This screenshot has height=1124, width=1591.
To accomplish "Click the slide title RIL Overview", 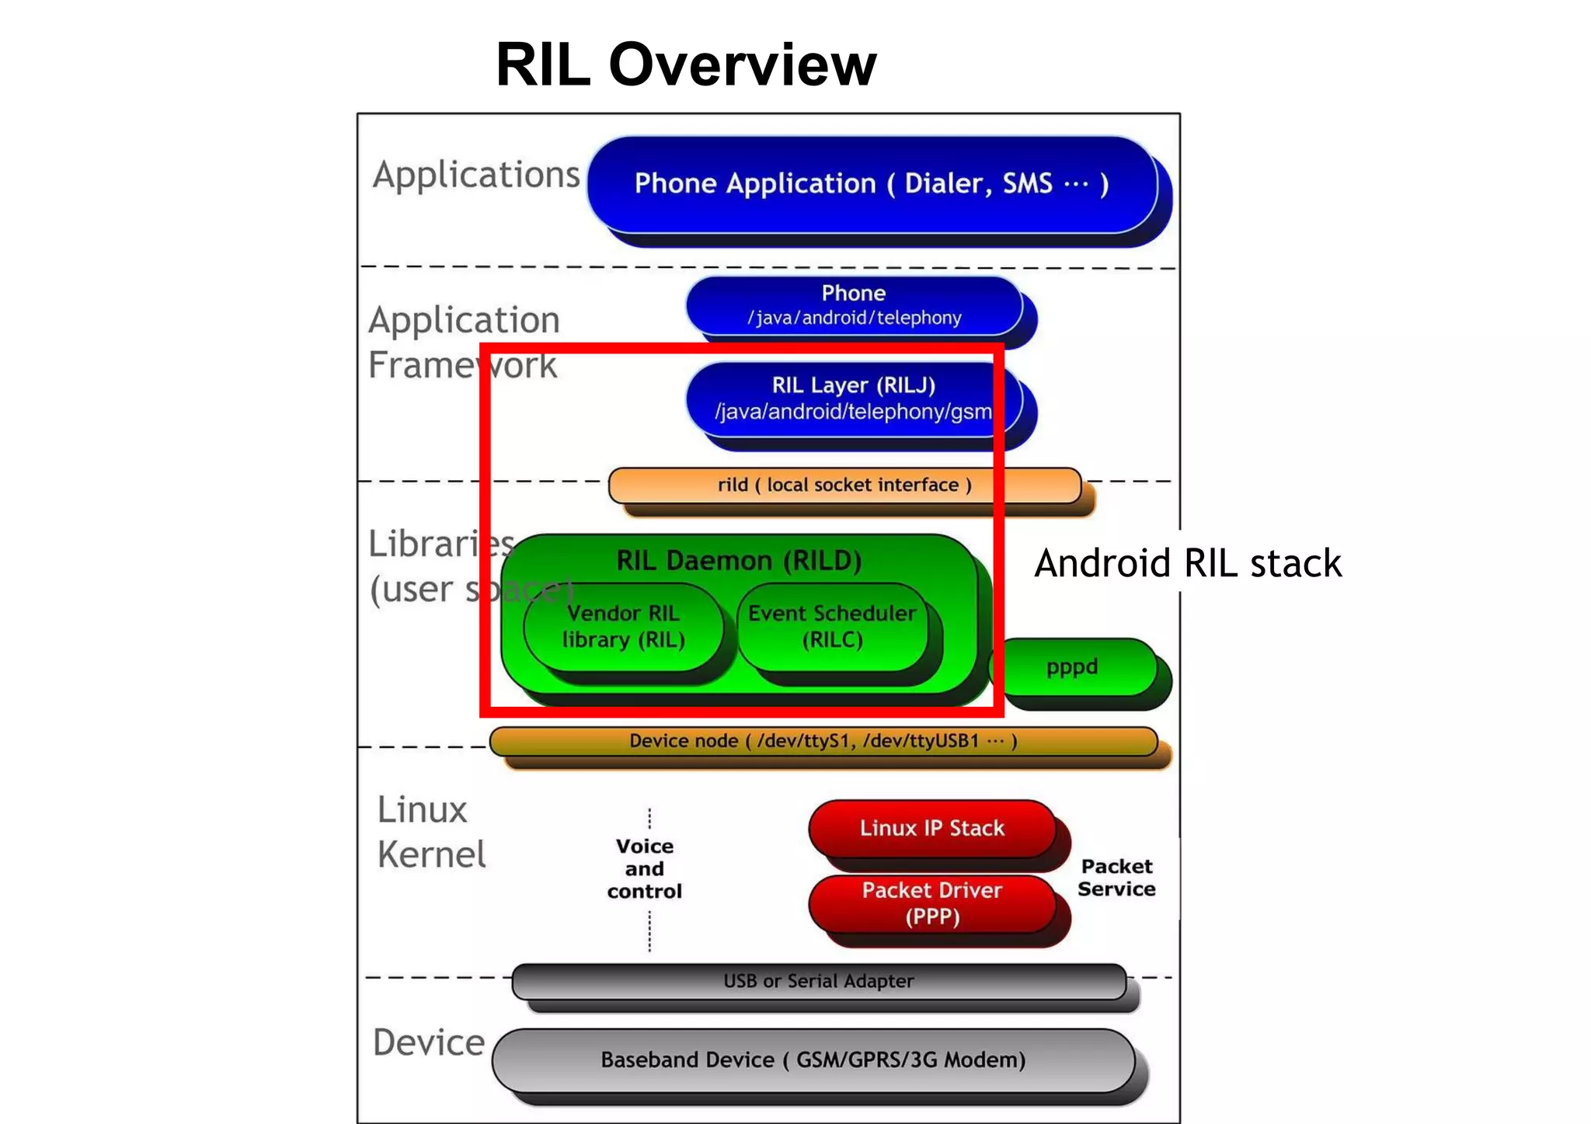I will pyautogui.click(x=686, y=64).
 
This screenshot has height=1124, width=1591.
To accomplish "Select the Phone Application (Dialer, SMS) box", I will pyautogui.click(x=872, y=184).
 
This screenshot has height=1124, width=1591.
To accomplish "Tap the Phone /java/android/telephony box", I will pyautogui.click(x=854, y=305).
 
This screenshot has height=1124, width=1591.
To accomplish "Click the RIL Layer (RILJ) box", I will pyautogui.click(x=853, y=398).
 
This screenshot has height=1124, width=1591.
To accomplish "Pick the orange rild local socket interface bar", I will pyautogui.click(x=844, y=485).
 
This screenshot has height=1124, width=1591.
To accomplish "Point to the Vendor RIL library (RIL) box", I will pyautogui.click(x=624, y=626).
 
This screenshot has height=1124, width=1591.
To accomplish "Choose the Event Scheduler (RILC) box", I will pyautogui.click(x=832, y=626).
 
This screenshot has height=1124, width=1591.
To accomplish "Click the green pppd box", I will pyautogui.click(x=1072, y=667).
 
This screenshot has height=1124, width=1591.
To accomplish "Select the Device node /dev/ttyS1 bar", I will pyautogui.click(x=823, y=741).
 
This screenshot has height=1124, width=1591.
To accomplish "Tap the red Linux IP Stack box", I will pyautogui.click(x=931, y=828).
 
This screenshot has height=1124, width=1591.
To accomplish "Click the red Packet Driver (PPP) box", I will pyautogui.click(x=931, y=903).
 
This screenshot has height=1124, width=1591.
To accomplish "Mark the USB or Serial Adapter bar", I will pyautogui.click(x=818, y=981).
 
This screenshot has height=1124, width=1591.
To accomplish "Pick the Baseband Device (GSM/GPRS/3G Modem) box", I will pyautogui.click(x=813, y=1060).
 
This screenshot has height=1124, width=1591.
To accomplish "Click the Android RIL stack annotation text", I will pyautogui.click(x=1188, y=563).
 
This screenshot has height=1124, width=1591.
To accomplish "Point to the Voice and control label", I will pyautogui.click(x=645, y=868).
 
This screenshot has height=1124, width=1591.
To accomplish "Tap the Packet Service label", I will pyautogui.click(x=1116, y=878).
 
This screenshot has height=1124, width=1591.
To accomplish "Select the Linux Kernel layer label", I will pyautogui.click(x=431, y=832).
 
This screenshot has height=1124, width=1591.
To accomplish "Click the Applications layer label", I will pyautogui.click(x=476, y=175).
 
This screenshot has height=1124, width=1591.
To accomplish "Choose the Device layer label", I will pyautogui.click(x=429, y=1042).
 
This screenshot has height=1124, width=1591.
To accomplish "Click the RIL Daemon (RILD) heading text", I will pyautogui.click(x=739, y=560).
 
